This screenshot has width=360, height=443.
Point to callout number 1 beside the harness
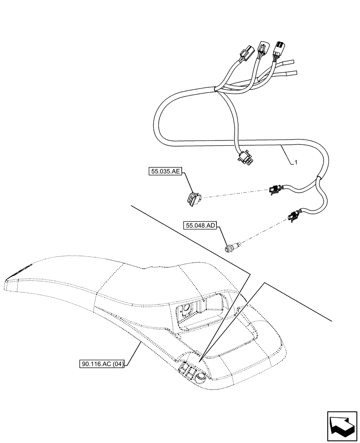click(x=296, y=163)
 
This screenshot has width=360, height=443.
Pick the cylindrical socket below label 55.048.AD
click(x=233, y=246)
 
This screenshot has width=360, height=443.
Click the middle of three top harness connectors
click(x=262, y=49)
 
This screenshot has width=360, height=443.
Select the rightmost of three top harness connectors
click(x=279, y=47)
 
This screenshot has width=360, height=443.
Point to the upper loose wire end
click(x=290, y=62)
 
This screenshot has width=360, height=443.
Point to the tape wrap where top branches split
click(x=216, y=90)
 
